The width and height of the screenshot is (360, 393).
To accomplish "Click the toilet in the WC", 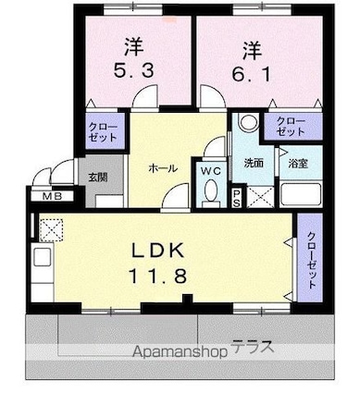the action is pyautogui.click(x=211, y=192).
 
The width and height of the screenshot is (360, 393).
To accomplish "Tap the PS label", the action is pyautogui.click(x=237, y=198).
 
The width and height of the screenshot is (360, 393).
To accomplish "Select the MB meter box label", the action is pyautogui.click(x=53, y=196).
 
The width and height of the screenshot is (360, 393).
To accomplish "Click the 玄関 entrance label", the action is pyautogui.click(x=98, y=178).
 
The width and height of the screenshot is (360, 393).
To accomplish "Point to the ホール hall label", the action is pyautogui.click(x=163, y=168).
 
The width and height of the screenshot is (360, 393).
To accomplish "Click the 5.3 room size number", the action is pyautogui.click(x=134, y=71).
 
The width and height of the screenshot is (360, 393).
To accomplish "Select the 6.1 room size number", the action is pyautogui.click(x=252, y=74).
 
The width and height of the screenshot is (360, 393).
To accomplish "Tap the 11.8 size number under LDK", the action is pyautogui.click(x=158, y=276).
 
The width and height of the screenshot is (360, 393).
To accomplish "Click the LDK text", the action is pyautogui.click(x=158, y=250).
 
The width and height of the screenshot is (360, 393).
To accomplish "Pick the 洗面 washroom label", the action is pyautogui.click(x=254, y=163).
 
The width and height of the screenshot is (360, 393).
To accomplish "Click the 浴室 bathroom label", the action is pyautogui.click(x=298, y=163).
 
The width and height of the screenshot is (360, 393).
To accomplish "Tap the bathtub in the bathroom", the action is pyautogui.click(x=301, y=195).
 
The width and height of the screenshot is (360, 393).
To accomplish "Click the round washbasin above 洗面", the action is pyautogui.click(x=249, y=122).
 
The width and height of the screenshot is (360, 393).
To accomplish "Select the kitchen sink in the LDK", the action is pyautogui.click(x=42, y=256).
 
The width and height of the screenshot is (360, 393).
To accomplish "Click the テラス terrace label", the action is pyautogui.click(x=253, y=347).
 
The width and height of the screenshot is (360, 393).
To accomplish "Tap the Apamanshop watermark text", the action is pyautogui.click(x=180, y=351).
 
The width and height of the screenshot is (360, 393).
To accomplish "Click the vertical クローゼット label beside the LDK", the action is pyautogui.click(x=311, y=260).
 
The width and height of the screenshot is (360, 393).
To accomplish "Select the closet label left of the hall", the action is pyautogui.click(x=103, y=132).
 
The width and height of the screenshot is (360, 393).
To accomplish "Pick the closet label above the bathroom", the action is pyautogui.click(x=291, y=127).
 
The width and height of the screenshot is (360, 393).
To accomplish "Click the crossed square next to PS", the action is pyautogui.click(x=260, y=197).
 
